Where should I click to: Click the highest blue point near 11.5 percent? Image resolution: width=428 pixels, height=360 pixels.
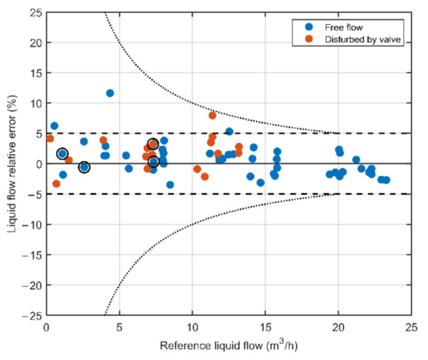tap(110, 93)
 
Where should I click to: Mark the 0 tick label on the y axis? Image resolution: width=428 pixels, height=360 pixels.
tap(37, 164)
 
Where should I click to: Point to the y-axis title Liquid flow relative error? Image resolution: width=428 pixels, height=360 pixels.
tap(11, 164)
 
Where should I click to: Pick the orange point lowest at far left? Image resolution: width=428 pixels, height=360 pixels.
tap(56, 184)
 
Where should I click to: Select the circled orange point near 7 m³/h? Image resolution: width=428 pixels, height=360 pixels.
tap(153, 145)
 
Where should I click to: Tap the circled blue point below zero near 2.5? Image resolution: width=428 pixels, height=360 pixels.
tap(84, 167)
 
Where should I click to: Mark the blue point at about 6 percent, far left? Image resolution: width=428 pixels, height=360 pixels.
tap(54, 126)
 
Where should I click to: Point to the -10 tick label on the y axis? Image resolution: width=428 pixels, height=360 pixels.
tap(30, 225)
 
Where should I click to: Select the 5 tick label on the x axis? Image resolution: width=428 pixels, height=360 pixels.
tap(120, 327)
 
